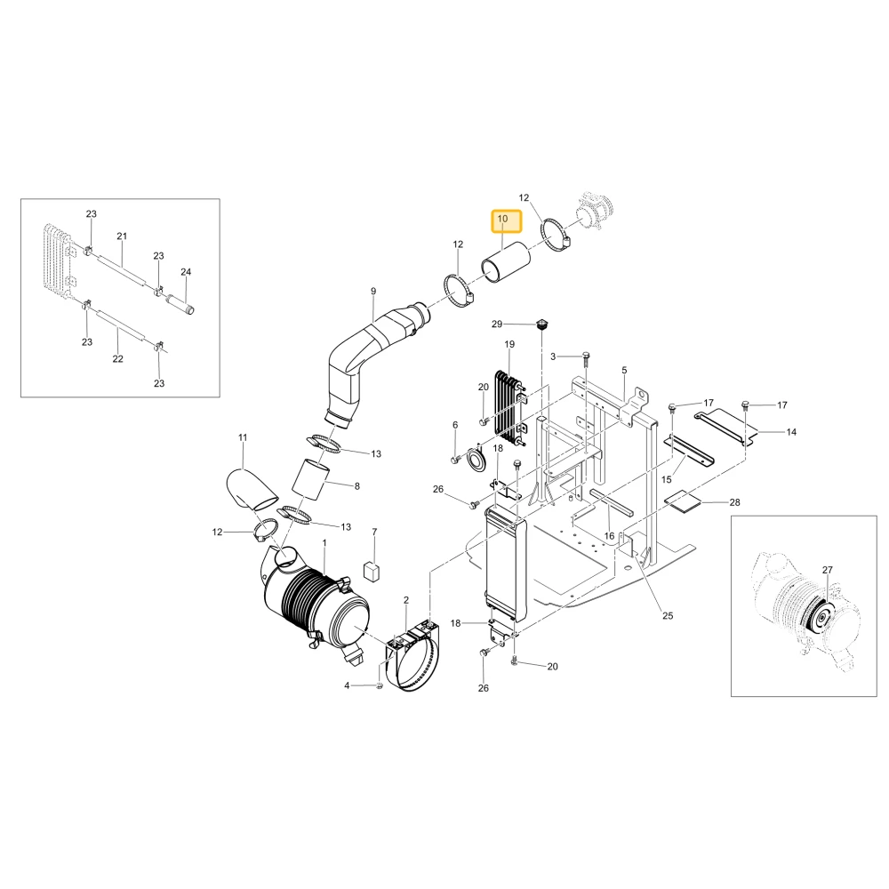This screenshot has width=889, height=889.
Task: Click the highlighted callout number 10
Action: [502, 219]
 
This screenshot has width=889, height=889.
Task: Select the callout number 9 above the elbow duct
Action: [373, 292]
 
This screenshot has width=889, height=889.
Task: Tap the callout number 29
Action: [497, 324]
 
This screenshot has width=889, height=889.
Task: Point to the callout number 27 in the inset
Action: [827, 571]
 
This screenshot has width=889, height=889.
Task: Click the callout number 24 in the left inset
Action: [186, 272]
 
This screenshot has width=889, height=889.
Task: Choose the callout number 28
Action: [735, 502]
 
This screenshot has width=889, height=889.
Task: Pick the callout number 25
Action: [668, 616]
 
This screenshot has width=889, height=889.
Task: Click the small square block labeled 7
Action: [372, 572]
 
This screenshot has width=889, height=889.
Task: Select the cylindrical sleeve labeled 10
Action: [506, 261]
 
